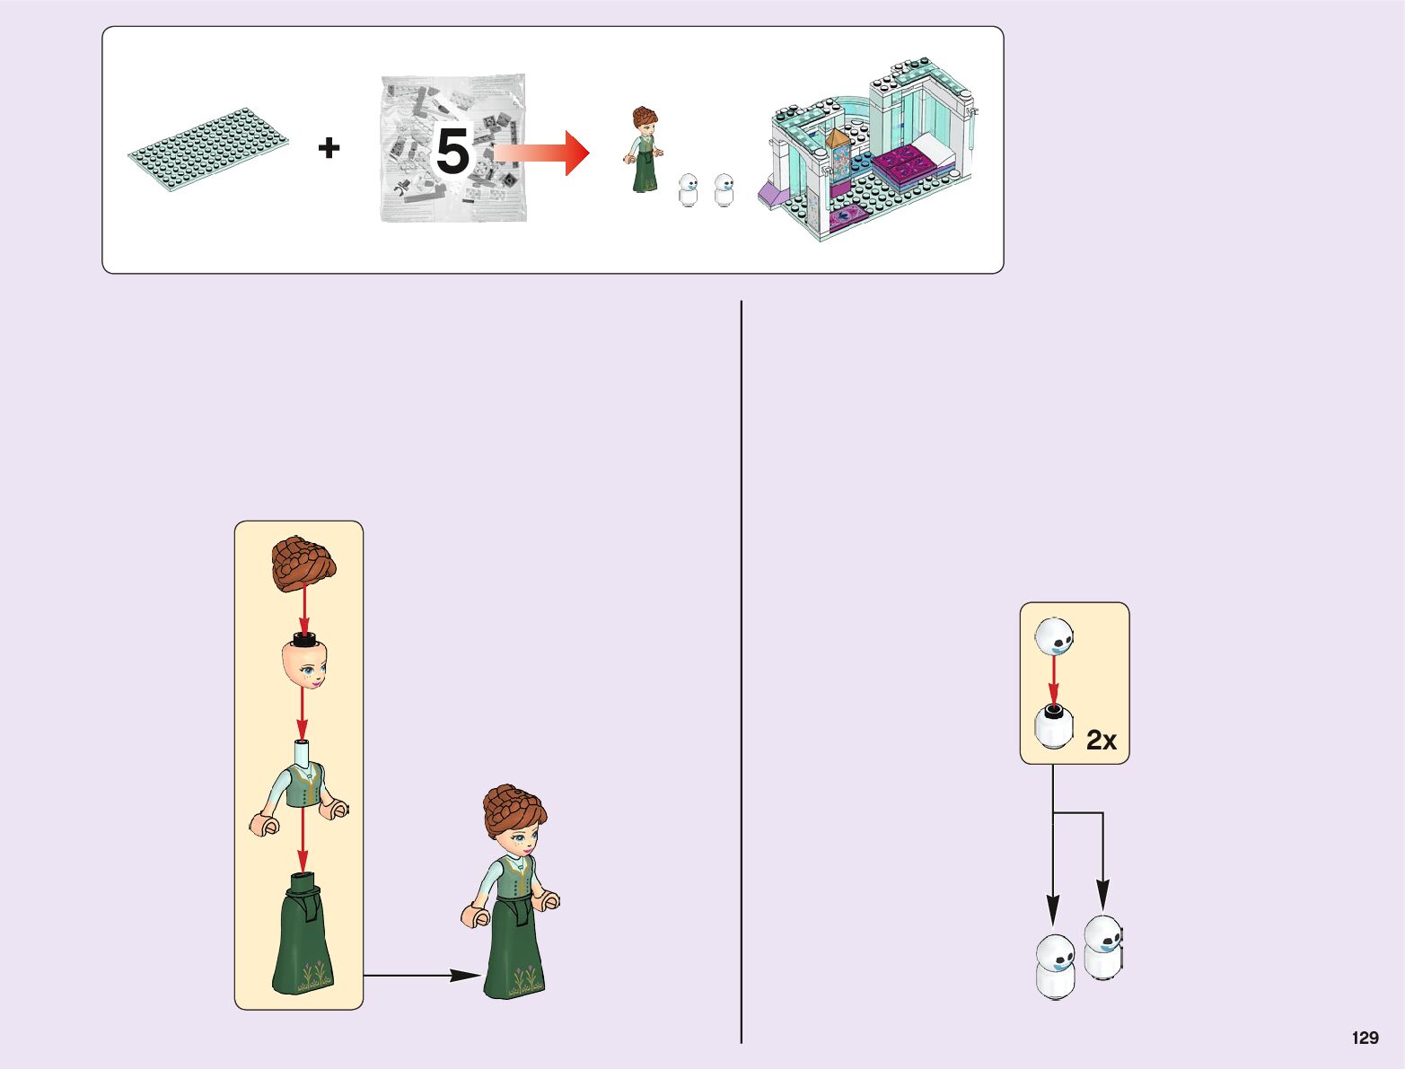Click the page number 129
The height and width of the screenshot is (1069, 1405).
(1365, 1038)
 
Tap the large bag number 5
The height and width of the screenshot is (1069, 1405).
(452, 151)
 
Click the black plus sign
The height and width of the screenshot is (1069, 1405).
(329, 147)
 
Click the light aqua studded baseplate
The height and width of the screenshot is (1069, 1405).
(209, 147)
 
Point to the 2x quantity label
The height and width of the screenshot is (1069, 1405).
(1102, 740)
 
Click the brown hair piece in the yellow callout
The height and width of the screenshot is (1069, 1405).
(303, 564)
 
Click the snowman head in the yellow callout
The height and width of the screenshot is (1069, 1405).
(1054, 636)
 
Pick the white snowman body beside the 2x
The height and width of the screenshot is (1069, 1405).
(1053, 727)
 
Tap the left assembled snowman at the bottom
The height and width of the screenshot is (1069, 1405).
(1055, 967)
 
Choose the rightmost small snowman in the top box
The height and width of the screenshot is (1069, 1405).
(724, 189)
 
